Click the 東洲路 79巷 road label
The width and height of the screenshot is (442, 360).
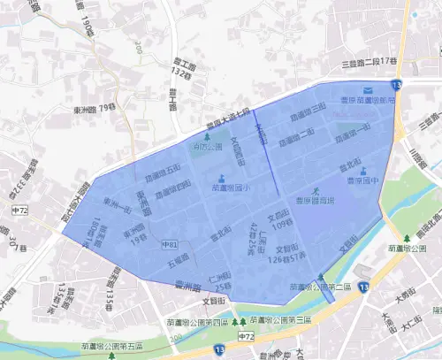point(95,108)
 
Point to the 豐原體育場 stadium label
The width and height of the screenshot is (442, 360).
point(316,201)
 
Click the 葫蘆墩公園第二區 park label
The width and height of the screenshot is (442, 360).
point(321,287)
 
